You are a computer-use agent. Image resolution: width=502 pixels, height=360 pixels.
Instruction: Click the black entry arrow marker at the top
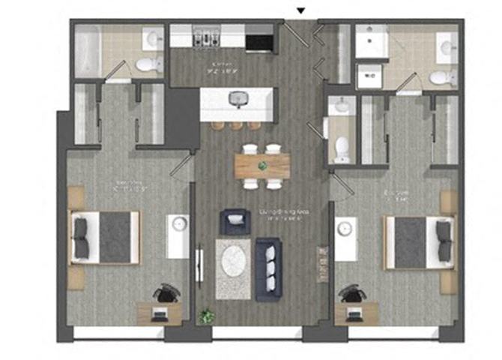(301, 10)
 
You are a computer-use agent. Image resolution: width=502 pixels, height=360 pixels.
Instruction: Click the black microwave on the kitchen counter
(259, 38)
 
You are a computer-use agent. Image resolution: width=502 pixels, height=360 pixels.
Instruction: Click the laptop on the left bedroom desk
(159, 314)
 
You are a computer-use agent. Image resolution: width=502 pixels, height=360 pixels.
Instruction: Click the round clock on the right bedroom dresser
(343, 226)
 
